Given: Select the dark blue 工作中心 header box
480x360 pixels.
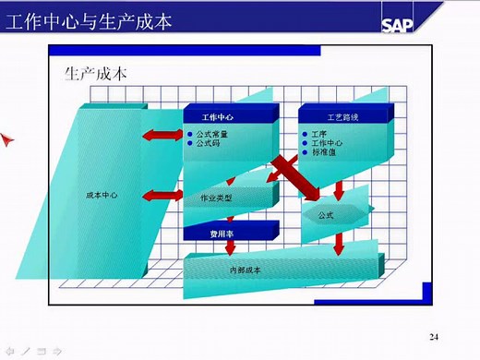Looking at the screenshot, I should (x=220, y=118).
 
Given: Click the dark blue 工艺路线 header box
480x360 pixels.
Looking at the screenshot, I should (x=342, y=118).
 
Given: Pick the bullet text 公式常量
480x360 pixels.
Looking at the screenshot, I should (x=212, y=135).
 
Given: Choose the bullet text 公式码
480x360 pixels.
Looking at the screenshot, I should (x=209, y=144).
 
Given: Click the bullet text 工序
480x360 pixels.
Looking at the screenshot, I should (x=319, y=135).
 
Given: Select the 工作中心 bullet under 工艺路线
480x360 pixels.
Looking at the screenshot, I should (x=327, y=144).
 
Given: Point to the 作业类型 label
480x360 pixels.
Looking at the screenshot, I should (x=216, y=198).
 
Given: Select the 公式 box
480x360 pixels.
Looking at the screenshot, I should (x=326, y=215).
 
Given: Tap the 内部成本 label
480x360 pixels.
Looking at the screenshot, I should (x=245, y=270).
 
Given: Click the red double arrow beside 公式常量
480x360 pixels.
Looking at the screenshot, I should (x=162, y=136).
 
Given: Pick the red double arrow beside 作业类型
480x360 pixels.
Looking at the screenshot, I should (x=164, y=195).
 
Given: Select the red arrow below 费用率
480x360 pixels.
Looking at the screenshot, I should (x=231, y=247).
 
